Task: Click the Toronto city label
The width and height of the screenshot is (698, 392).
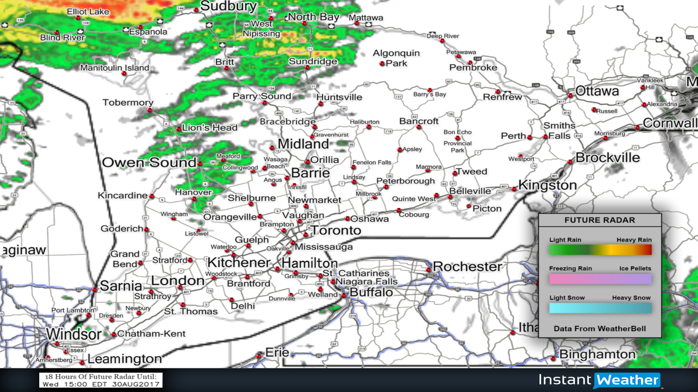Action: click(x=336, y=230)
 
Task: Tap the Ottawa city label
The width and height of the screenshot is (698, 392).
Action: click(x=597, y=91)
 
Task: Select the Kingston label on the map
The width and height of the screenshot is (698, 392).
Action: click(x=547, y=185)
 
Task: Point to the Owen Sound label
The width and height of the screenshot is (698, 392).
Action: click(x=149, y=162)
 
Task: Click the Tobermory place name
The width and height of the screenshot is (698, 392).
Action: click(x=128, y=102)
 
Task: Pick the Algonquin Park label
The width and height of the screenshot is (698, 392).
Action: click(x=396, y=58)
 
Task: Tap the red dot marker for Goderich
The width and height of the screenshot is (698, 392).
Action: click(x=146, y=229)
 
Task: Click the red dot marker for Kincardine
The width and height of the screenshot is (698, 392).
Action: click(x=152, y=196)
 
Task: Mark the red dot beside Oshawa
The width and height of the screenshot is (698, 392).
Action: click(x=347, y=219)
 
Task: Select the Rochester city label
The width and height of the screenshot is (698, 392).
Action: click(x=468, y=266)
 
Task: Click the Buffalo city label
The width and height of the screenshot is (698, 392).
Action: click(x=371, y=292)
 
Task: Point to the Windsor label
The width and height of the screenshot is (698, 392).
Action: click(x=74, y=334)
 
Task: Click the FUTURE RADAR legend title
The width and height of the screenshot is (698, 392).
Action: click(x=600, y=220)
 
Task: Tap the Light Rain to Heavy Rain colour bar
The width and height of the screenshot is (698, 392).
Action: click(x=600, y=250)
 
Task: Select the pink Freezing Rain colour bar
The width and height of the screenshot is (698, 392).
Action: click(x=600, y=279)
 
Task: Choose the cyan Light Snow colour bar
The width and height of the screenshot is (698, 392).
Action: click(x=600, y=308)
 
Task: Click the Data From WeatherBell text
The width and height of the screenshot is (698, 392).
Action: click(x=600, y=328)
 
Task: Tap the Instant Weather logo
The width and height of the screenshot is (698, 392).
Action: click(x=599, y=380)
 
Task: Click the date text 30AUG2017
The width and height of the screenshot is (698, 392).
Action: click(x=136, y=384)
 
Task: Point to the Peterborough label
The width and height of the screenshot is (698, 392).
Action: click(x=405, y=181)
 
